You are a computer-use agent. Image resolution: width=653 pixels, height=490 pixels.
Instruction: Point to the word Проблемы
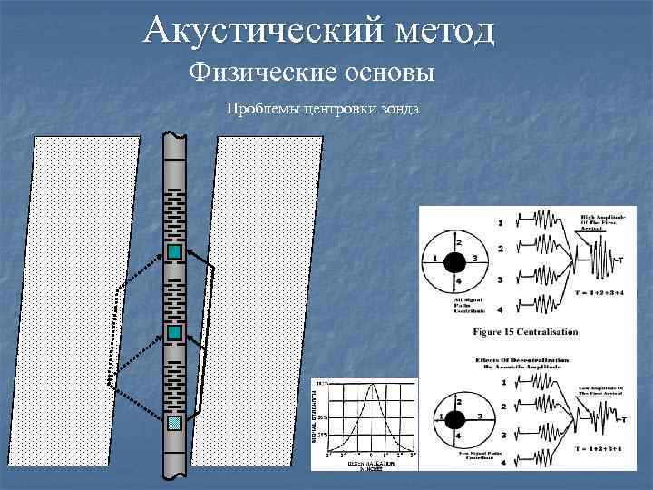pyautogui.click(x=262, y=110)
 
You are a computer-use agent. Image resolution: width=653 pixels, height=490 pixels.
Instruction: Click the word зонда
pyautogui.click(x=401, y=110)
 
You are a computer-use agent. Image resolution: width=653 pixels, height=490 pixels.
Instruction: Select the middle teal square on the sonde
pyautogui.click(x=175, y=333)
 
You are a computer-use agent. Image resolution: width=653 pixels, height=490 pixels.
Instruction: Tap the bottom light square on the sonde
pyautogui.click(x=175, y=422)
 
